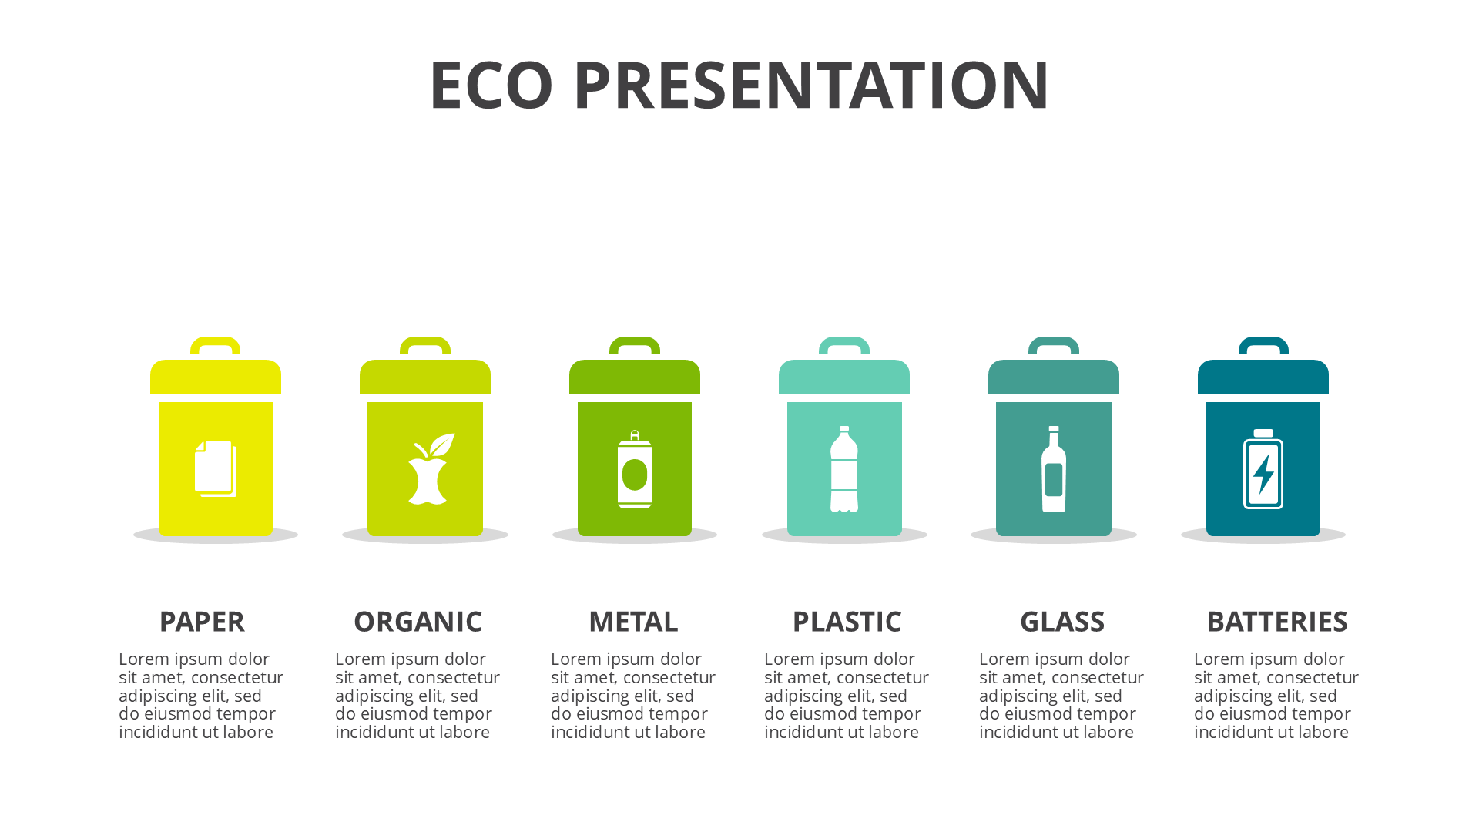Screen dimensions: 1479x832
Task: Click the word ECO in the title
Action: (x=491, y=85)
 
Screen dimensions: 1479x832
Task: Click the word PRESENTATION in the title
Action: (x=811, y=85)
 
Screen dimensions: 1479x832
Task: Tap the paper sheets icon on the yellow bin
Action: (x=216, y=468)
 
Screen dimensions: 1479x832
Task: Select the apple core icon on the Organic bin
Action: (x=431, y=468)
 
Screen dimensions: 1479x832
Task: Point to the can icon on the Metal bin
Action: (x=635, y=469)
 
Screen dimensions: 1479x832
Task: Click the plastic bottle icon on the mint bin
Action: (x=844, y=469)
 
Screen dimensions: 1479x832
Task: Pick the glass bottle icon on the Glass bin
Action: (x=1054, y=469)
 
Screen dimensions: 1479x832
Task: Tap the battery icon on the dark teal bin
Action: (x=1263, y=469)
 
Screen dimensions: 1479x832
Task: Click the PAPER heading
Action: (x=202, y=622)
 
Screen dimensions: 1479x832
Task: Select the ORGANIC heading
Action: (x=418, y=622)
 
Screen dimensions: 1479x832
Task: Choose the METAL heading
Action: (x=633, y=622)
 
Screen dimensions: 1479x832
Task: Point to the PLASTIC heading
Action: (x=847, y=622)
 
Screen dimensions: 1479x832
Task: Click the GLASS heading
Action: (x=1062, y=622)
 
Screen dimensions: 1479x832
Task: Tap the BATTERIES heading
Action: (x=1277, y=622)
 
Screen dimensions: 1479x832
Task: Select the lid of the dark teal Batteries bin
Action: (x=1263, y=377)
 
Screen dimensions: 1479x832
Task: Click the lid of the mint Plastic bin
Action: (x=844, y=377)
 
